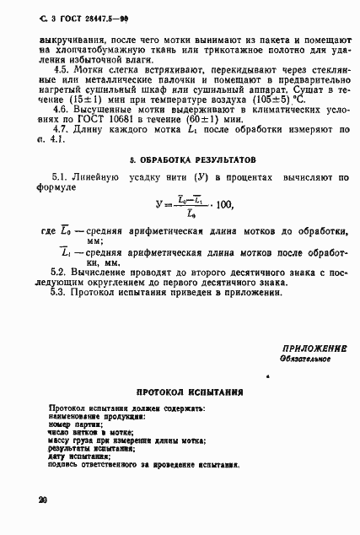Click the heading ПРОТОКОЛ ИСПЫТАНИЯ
(190, 392)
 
